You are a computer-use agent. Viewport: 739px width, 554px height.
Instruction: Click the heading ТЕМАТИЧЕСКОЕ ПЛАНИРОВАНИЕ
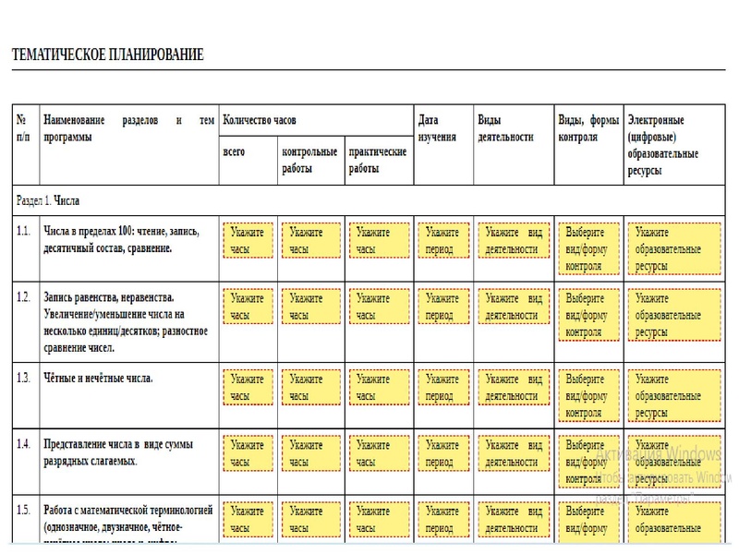coord(107,54)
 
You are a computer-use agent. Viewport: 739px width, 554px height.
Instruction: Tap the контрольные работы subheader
coord(309,160)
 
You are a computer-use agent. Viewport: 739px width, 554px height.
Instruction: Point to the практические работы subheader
coord(377,160)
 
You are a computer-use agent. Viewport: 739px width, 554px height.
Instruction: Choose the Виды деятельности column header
coord(505,128)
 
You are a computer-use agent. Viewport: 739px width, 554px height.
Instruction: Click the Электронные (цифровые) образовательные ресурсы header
coord(662,145)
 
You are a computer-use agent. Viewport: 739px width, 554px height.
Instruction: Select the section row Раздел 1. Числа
coord(55,199)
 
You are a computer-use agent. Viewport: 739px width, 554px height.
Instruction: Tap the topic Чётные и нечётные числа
coord(98,379)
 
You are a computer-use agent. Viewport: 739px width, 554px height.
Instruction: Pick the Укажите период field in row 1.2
coord(442,307)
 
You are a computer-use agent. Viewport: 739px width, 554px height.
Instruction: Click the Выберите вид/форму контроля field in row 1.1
coord(586,248)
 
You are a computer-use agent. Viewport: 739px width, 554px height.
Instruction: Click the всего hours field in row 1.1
coord(248,240)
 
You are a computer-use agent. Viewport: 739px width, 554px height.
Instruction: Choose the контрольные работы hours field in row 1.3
coord(310,386)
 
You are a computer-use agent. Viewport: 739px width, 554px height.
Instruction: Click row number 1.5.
coord(23,509)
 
